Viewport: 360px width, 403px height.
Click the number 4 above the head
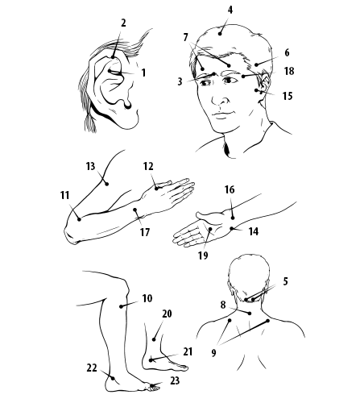[230, 10]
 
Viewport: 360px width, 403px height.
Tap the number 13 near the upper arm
[90, 166]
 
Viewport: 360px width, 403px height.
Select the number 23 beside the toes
[175, 380]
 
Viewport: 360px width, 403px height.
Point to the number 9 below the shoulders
[213, 352]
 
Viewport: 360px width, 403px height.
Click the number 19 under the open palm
[203, 256]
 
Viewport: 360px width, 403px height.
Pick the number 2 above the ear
[123, 23]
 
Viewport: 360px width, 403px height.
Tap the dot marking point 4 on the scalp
[220, 34]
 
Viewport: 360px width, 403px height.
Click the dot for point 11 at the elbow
[79, 219]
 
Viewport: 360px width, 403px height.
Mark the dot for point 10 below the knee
[121, 306]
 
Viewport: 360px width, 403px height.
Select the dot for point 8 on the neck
[250, 314]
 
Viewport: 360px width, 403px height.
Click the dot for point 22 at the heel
[113, 378]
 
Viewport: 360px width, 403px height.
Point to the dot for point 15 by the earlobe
[257, 90]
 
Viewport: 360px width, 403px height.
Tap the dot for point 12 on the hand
[156, 189]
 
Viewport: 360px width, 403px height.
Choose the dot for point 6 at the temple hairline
[256, 64]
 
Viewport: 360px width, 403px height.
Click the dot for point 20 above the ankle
[154, 339]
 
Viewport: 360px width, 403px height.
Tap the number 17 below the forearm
[145, 232]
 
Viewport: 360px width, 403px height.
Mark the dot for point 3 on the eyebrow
[213, 73]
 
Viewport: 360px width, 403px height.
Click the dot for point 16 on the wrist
[233, 218]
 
